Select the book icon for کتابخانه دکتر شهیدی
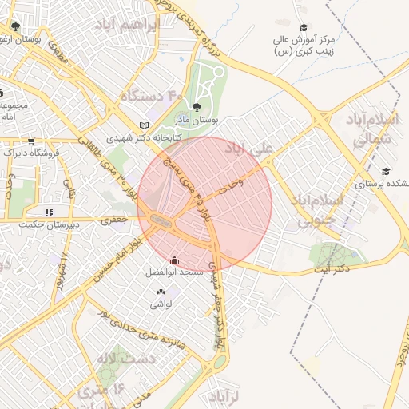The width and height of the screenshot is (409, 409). pos(144,125)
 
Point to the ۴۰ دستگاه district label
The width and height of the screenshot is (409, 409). pos(152,97)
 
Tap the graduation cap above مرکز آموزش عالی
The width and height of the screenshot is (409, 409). pos(304,28)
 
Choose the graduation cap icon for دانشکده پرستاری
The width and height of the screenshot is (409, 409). pos(386,171)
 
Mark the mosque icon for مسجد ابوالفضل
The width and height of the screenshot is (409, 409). pos(175,260)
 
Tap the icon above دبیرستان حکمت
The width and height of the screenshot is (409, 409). pos(49,213)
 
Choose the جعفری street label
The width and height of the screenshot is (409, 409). pos(114,219)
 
